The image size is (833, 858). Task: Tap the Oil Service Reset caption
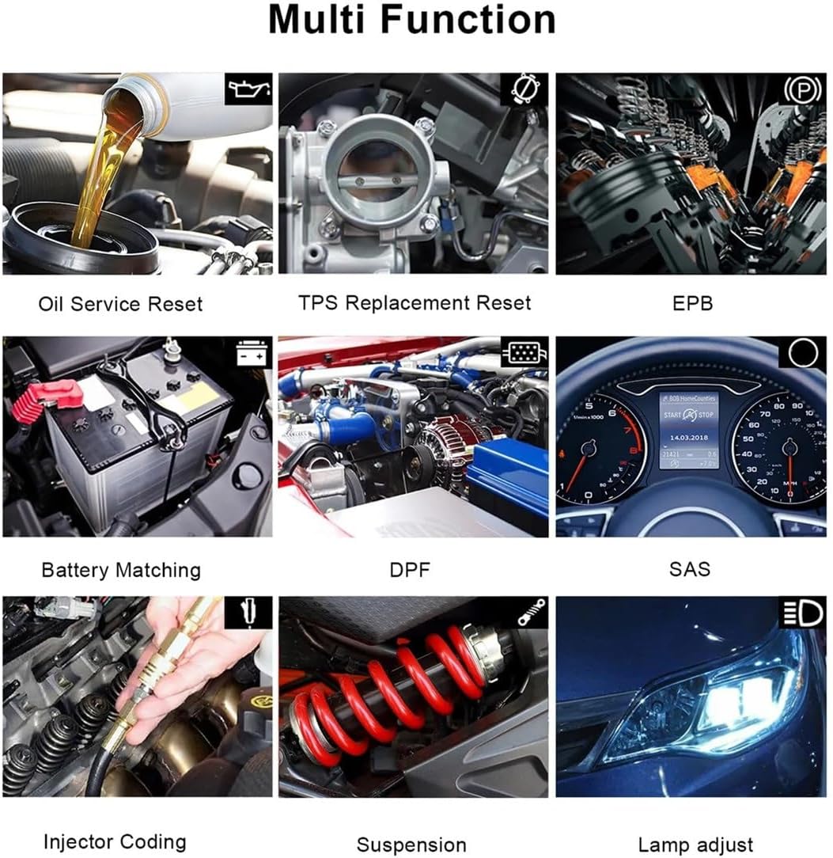120,303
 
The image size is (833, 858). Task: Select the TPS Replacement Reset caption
415,302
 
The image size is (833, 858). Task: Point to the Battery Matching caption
121,570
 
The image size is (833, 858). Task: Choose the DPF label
411,570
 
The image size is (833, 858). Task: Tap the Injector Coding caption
115,841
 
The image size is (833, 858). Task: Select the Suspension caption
411,845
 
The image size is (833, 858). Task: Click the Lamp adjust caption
695,845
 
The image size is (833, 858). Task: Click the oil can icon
249,90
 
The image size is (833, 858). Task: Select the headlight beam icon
802,613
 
